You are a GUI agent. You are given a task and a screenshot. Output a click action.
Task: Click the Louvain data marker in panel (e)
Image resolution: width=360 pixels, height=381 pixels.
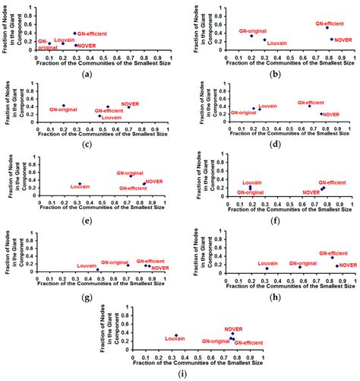(80, 183)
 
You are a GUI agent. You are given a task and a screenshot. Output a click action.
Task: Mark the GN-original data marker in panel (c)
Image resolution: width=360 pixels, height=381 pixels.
(64, 105)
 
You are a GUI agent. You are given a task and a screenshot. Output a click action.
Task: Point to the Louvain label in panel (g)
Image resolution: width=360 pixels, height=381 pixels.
(87, 265)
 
